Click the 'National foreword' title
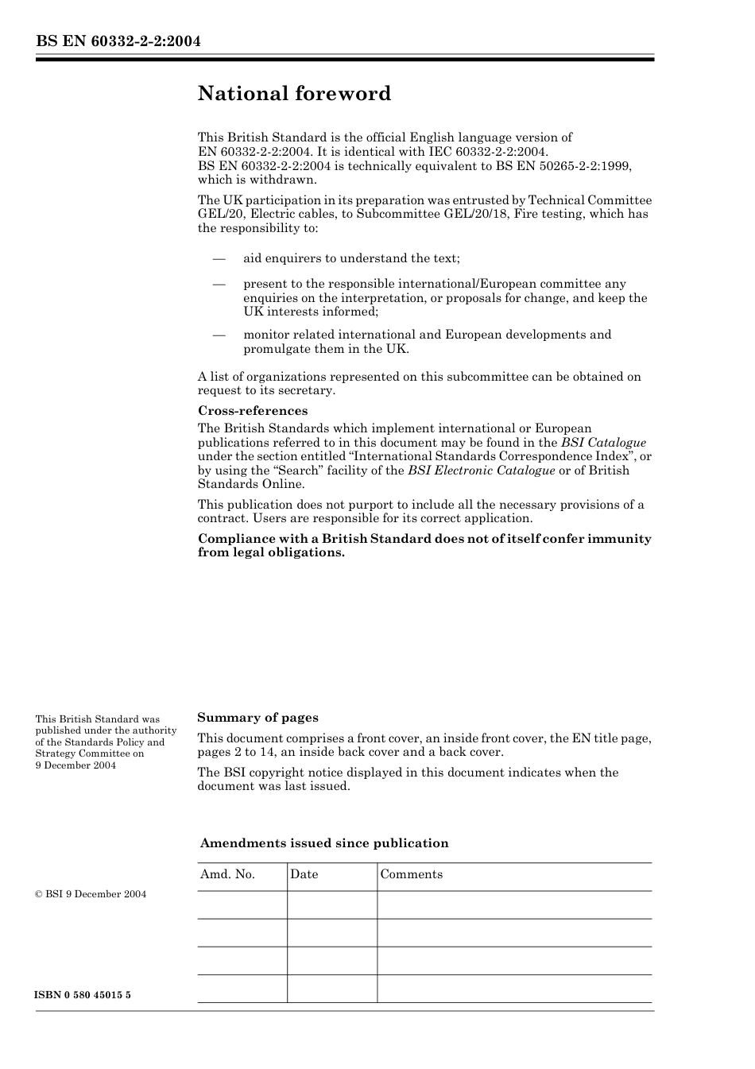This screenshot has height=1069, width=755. [x=294, y=94]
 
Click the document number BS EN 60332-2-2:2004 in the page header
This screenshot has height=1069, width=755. [x=118, y=41]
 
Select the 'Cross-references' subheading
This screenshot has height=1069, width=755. [x=253, y=411]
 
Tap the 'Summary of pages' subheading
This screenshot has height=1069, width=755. [x=257, y=718]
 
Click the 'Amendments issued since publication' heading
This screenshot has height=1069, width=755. [x=324, y=843]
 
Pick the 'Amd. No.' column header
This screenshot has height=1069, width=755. [x=227, y=874]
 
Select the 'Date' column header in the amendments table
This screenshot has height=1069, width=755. [x=304, y=874]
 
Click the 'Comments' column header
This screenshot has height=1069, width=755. [x=411, y=874]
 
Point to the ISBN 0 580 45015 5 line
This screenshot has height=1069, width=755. [x=83, y=995]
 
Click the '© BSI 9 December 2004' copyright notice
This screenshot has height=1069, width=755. [x=91, y=894]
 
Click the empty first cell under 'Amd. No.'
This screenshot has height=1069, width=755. [x=242, y=904]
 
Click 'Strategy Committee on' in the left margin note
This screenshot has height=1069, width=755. [x=89, y=753]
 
